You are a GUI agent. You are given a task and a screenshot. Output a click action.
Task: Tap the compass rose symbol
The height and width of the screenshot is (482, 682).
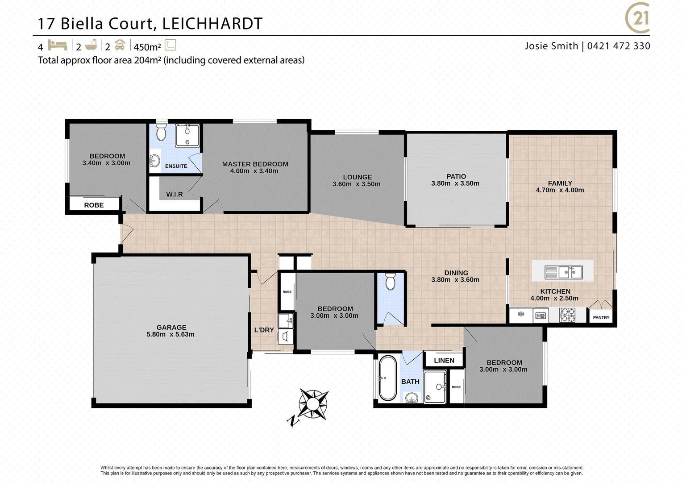(x=312, y=404)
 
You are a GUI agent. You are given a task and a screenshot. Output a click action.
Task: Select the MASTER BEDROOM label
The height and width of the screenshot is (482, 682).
(x=255, y=164)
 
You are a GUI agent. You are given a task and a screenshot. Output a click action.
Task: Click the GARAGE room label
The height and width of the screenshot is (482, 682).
(x=171, y=327)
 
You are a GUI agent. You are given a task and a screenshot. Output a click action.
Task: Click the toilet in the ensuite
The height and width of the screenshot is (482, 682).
(x=161, y=133)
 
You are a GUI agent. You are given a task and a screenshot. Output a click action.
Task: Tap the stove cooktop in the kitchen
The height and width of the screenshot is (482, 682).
(x=567, y=315)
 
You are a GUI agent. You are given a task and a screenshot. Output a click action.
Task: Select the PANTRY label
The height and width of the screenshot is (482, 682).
(x=601, y=317)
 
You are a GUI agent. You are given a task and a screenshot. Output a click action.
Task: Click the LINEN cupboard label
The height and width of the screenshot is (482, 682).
(x=444, y=360)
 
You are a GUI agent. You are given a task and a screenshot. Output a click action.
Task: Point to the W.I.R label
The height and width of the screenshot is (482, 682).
(x=174, y=194)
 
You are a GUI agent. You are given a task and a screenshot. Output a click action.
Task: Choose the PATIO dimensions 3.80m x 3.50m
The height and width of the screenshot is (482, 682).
(x=455, y=183)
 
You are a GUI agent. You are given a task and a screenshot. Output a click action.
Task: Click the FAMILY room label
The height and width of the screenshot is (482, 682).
(x=560, y=183)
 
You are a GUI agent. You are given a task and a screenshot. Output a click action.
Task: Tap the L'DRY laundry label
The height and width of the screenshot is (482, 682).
(x=264, y=330)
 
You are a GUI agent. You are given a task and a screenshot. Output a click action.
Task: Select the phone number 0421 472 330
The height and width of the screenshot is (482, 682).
(x=619, y=46)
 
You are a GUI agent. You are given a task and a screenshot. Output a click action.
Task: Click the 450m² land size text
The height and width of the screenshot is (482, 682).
(x=147, y=47)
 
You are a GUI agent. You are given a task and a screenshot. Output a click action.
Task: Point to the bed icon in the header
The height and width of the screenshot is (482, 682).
(x=57, y=46)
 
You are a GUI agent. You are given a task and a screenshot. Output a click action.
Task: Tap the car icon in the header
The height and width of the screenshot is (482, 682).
(x=120, y=46)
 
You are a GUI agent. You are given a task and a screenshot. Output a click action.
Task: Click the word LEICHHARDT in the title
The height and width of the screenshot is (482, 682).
(x=212, y=24)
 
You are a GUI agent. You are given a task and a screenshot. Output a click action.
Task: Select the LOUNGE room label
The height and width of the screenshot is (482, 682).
(x=357, y=177)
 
